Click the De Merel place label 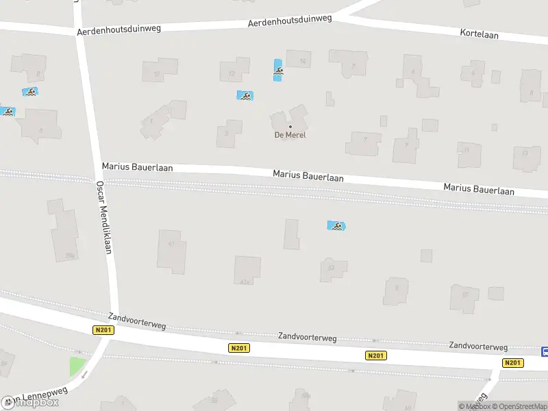click(x=290, y=135)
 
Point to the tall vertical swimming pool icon click(x=278, y=71)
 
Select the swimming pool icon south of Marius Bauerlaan click(x=336, y=226)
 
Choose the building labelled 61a click(x=247, y=270)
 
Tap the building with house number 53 click(x=334, y=269)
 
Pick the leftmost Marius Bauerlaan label click(x=137, y=167)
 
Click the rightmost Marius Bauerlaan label click(x=478, y=189)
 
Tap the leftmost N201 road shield click(x=103, y=330)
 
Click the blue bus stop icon click(x=545, y=351)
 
